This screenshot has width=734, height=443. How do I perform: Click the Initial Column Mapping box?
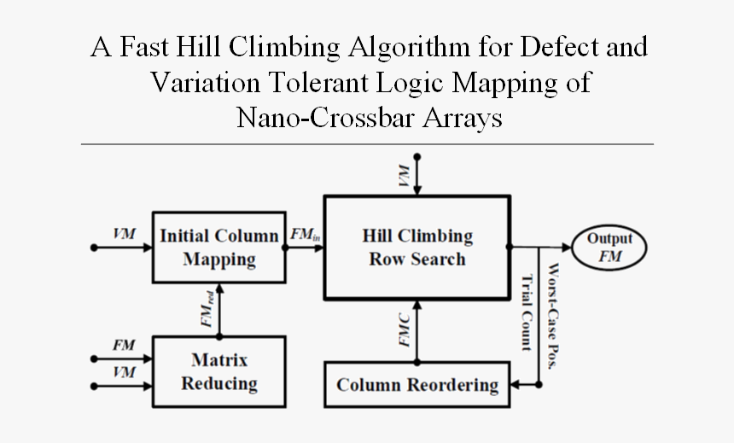pyautogui.click(x=219, y=247)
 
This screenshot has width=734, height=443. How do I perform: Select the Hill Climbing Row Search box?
pyautogui.click(x=417, y=247)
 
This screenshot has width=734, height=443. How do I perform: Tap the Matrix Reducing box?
pyautogui.click(x=219, y=370)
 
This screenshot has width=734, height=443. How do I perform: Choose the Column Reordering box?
pyautogui.click(x=417, y=384)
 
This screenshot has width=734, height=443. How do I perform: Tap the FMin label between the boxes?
pyautogui.click(x=306, y=235)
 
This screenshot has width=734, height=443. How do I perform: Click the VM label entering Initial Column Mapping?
pyautogui.click(x=124, y=233)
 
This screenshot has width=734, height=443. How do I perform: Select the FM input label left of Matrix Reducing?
pyautogui.click(x=124, y=345)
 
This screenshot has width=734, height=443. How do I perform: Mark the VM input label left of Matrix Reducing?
pyautogui.click(x=124, y=372)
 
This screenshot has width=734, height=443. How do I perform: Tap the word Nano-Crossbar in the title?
pyautogui.click(x=328, y=119)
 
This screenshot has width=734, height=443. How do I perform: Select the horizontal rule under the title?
pyautogui.click(x=367, y=144)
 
